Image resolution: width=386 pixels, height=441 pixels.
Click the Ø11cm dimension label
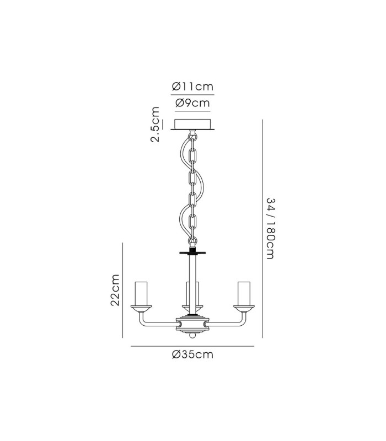[x=192, y=87]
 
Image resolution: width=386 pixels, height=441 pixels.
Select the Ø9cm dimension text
[x=192, y=103]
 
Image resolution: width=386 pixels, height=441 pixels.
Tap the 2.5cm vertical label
[x=155, y=125]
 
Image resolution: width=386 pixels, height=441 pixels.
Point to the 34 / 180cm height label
[x=270, y=228]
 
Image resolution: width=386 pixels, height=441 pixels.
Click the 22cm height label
[x=115, y=290]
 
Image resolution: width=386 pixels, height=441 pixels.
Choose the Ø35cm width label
[x=192, y=354]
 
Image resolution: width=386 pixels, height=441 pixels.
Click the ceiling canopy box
[x=192, y=125]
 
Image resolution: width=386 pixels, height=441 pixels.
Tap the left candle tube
[x=141, y=293]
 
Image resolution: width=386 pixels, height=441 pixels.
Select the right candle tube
[x=244, y=293]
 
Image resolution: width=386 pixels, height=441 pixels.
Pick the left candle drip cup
[x=141, y=309]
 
